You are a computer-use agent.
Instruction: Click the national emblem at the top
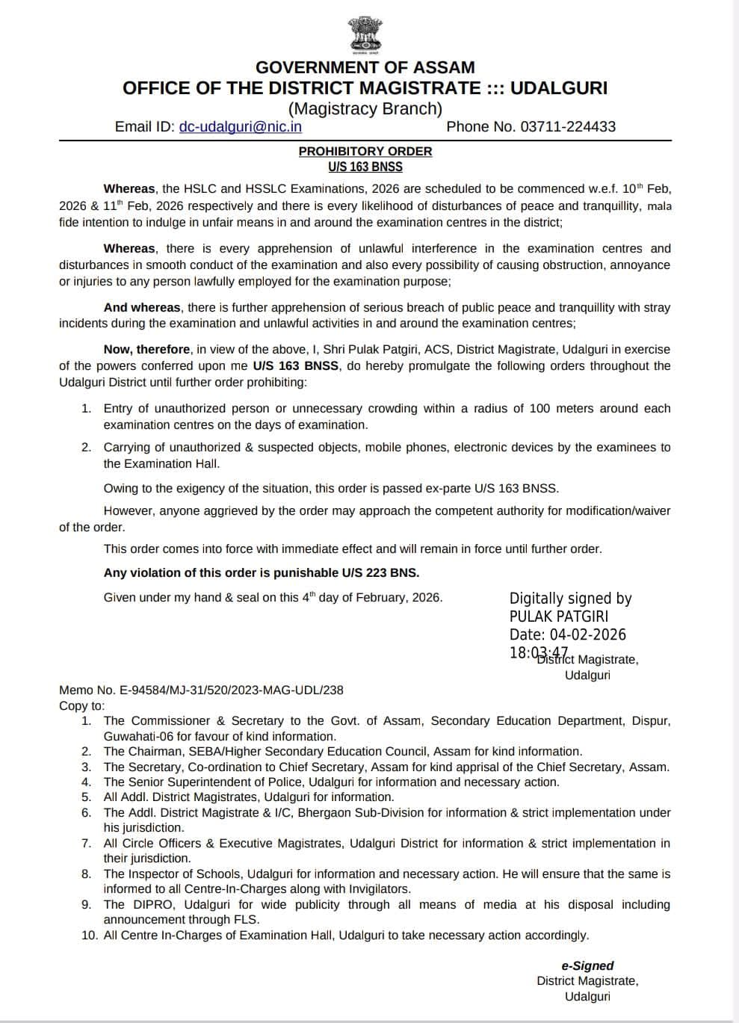coord(365,35)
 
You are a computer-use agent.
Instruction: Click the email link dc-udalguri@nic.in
coord(240,126)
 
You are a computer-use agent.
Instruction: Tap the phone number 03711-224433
coord(568,126)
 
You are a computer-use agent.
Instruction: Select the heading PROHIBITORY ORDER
coord(365,151)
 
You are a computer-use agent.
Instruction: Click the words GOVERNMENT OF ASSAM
coord(365,67)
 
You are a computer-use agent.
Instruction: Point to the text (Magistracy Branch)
coord(365,108)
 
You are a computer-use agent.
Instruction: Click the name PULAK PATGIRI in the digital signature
coord(558,616)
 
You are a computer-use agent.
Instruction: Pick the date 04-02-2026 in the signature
coord(587,634)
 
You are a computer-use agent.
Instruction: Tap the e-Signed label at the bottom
coord(587,965)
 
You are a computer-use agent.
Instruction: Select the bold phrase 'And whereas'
coord(142,307)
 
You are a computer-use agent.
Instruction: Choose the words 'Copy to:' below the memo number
coord(82,705)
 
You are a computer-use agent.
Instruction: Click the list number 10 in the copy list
coord(89,935)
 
